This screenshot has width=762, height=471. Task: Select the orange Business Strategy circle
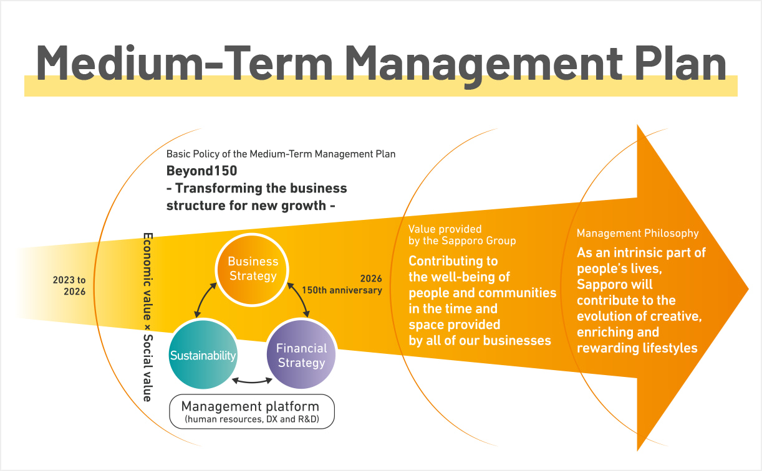pos(253,269)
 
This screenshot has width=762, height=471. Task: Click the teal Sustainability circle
pos(203,356)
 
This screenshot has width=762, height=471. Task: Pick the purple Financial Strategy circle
pos(301,356)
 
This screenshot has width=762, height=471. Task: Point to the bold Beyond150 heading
pos(201,171)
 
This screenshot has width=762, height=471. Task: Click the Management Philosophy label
pos(637,233)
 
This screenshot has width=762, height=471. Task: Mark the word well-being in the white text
pos(468,277)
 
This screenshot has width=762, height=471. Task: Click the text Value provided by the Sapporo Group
pos(462,234)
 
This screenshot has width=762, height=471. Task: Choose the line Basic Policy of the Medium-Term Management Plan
pos(281,153)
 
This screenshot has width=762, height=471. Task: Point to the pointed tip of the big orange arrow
pos(746,288)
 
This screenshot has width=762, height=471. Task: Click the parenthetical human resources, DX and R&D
pos(252,421)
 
